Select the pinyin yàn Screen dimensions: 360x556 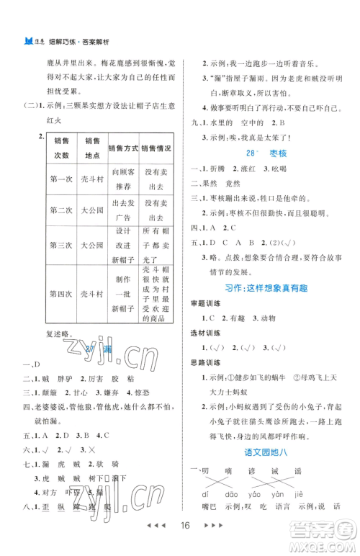[277, 496]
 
